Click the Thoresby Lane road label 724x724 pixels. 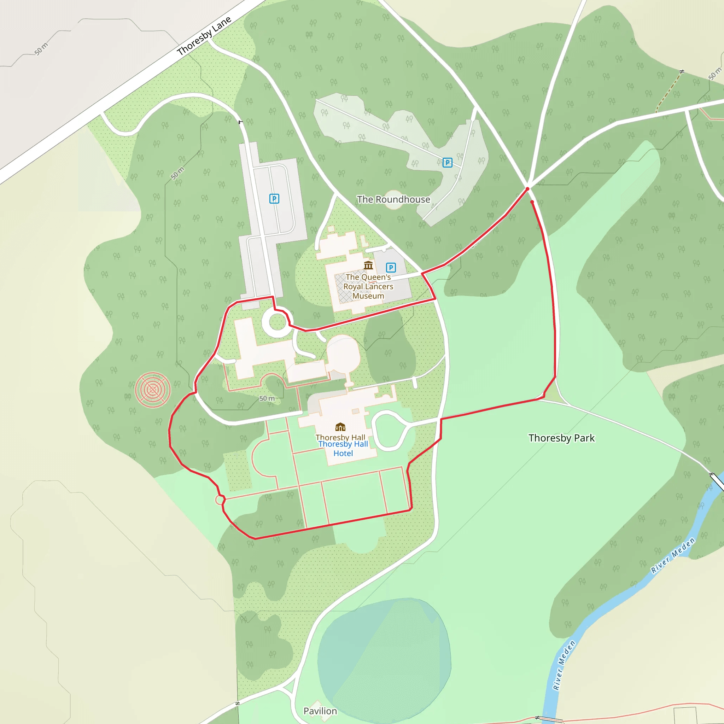(x=204, y=36)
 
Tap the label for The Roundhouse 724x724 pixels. (x=393, y=199)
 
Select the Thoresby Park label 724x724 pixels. (x=561, y=438)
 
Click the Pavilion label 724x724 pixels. (x=320, y=711)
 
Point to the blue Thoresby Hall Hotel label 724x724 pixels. (x=343, y=449)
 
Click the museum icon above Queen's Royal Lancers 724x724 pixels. (x=368, y=266)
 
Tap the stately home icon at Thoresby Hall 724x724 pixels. (x=340, y=427)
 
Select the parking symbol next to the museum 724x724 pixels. (x=391, y=268)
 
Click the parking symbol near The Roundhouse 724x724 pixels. (x=448, y=163)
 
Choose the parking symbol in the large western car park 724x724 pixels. (x=274, y=199)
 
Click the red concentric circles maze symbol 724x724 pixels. (x=153, y=390)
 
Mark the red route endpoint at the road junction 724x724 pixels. (x=527, y=189)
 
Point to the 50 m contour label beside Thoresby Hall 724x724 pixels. (x=267, y=398)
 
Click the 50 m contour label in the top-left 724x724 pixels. (x=41, y=49)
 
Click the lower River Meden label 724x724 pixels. (x=564, y=666)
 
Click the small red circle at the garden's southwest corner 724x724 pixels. (x=220, y=500)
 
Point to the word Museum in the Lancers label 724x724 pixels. (x=368, y=296)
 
